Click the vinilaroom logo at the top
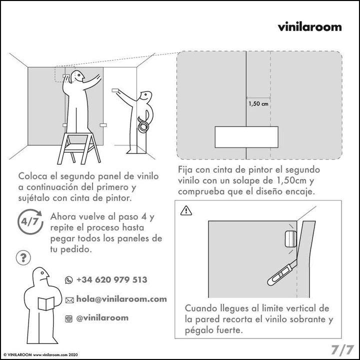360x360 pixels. tap(309, 26)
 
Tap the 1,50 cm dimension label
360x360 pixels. tap(258, 104)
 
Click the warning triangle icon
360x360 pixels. tap(186, 210)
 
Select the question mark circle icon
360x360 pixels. tap(23, 258)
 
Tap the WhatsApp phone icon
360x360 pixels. tap(69, 280)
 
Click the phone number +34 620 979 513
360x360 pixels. tap(112, 279)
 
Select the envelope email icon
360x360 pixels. tap(69, 300)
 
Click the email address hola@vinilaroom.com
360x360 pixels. tap(121, 299)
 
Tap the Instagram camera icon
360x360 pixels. tap(68, 318)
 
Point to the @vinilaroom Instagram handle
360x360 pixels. tap(102, 318)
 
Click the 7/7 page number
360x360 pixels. tap(342, 349)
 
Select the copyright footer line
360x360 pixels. tap(40, 354)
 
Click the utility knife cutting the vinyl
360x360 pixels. tap(282, 273)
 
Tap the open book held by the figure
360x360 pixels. tap(46, 303)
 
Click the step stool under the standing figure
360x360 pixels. tap(79, 148)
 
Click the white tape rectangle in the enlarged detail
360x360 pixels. tap(246, 137)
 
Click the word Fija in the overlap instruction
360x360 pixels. tap(185, 170)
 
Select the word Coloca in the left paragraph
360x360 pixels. tap(32, 176)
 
